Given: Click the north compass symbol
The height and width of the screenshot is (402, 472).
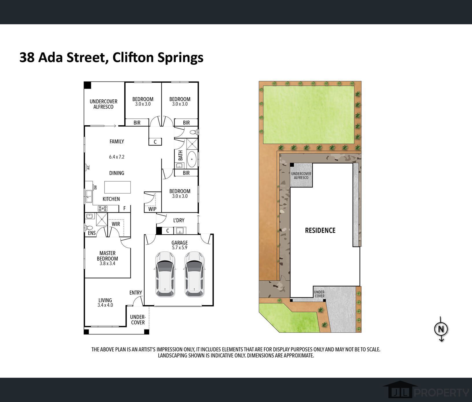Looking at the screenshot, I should pyautogui.click(x=441, y=329).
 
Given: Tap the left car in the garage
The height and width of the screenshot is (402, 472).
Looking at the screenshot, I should pyautogui.click(x=165, y=274).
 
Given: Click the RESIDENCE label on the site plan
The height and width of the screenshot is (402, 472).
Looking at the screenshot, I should pyautogui.click(x=320, y=230).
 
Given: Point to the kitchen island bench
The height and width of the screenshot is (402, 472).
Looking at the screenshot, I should pyautogui.click(x=117, y=187).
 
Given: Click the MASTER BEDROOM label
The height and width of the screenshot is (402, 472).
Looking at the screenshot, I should pyautogui.click(x=107, y=256).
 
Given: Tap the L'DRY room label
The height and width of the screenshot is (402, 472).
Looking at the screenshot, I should pyautogui.click(x=179, y=220).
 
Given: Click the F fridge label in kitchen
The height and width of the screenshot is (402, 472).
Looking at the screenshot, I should pyautogui.click(x=125, y=208).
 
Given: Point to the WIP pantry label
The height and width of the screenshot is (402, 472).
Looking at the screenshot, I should pyautogui.click(x=152, y=209).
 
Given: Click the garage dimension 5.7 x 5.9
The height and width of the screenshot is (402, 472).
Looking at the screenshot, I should pyautogui.click(x=180, y=248).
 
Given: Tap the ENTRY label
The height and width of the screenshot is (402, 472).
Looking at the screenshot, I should pyautogui.click(x=136, y=293).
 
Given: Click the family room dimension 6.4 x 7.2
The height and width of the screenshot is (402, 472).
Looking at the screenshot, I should pyautogui.click(x=117, y=157).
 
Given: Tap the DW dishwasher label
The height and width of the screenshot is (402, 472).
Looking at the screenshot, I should pyautogui.click(x=95, y=187).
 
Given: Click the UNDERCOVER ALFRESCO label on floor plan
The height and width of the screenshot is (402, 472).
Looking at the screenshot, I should pyautogui.click(x=103, y=104).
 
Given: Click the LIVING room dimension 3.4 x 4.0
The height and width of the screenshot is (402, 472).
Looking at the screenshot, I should pyautogui.click(x=105, y=305).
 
